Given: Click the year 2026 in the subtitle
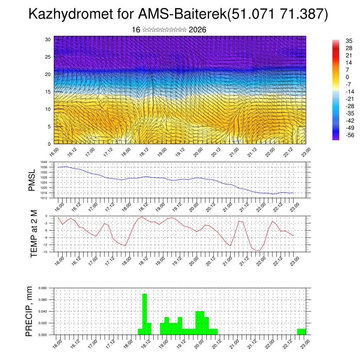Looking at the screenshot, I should (x=197, y=30).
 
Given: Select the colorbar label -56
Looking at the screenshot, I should (x=340, y=135).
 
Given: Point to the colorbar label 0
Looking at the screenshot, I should (x=338, y=77).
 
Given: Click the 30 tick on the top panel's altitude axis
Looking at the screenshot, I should (x=48, y=39).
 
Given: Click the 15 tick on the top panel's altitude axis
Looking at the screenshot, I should (x=48, y=92).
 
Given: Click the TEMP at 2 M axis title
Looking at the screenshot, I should (x=34, y=234).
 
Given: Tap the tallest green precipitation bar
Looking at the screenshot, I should (x=144, y=313).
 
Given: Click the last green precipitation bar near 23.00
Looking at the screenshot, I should (x=301, y=332).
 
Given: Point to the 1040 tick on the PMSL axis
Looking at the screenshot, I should (x=44, y=162).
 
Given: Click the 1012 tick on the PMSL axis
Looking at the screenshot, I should (x=44, y=198).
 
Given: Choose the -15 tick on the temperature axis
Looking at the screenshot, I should (x=45, y=252).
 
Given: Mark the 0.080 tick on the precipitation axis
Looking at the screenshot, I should (x=43, y=288).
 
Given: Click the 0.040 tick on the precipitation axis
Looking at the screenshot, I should (x=43, y=311).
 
